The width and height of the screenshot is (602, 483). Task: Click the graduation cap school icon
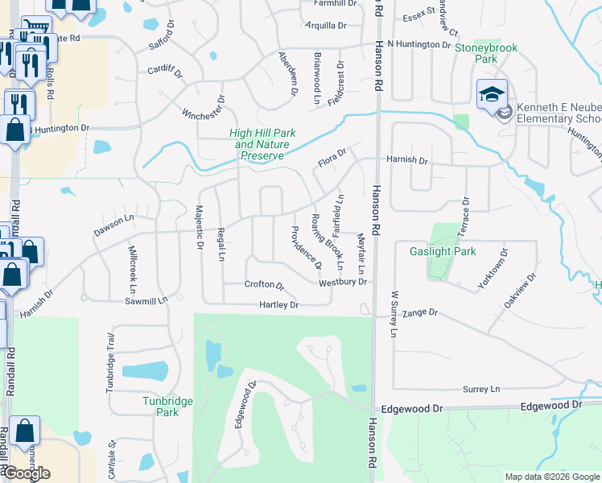pos(492,95)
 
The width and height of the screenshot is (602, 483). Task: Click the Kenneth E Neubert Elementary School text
pos(559,113)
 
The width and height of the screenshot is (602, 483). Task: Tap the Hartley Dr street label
pos(278,305)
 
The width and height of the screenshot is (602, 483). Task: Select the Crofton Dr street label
pos(265,286)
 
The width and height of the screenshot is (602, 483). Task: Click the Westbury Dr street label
pos(343,283)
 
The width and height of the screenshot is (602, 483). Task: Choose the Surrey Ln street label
pos(481,389)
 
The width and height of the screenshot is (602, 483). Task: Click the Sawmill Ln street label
pos(146,299)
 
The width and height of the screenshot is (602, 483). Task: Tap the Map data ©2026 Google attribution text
pos(552,477)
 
